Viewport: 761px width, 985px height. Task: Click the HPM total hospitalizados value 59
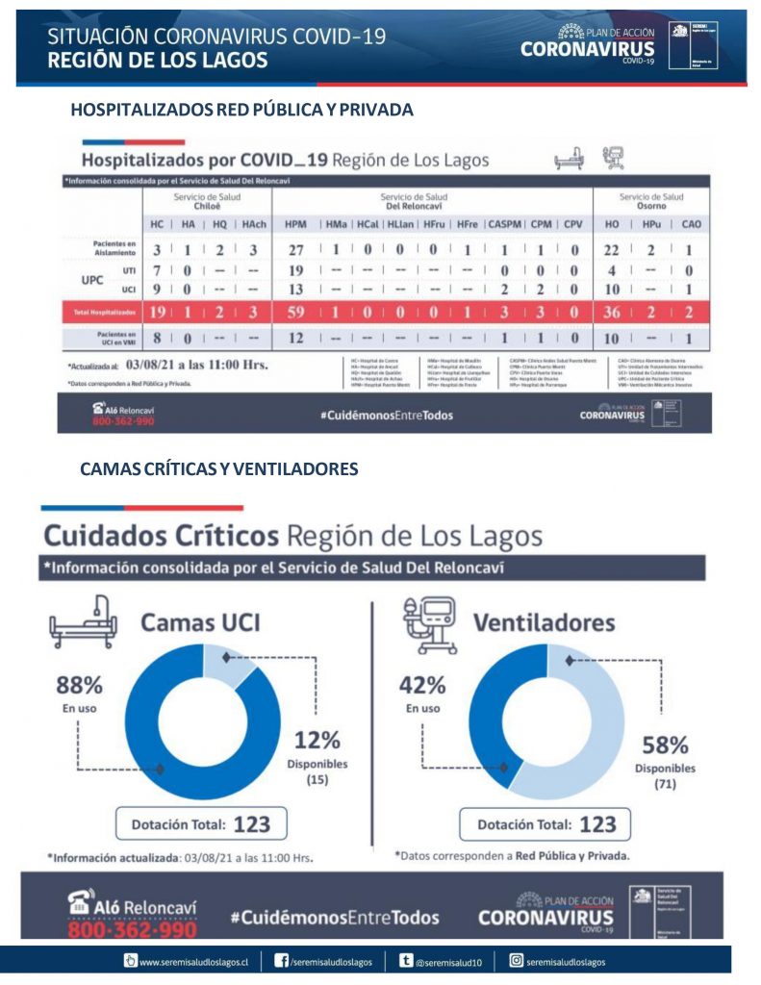click(x=295, y=312)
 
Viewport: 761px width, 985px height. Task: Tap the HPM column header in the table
click(x=295, y=223)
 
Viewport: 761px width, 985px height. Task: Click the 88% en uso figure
click(x=79, y=686)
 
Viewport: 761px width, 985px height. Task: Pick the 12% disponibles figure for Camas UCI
click(x=317, y=740)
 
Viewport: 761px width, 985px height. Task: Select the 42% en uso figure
click(x=422, y=686)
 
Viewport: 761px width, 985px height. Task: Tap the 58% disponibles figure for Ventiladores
click(x=665, y=745)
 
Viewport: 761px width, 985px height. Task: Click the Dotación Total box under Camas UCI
click(x=201, y=824)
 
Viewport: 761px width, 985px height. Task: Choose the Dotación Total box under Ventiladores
click(x=545, y=824)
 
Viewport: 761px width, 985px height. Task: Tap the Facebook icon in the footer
click(x=282, y=961)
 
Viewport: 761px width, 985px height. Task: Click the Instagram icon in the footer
click(x=516, y=961)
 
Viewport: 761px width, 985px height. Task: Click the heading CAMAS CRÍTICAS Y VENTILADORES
click(x=219, y=468)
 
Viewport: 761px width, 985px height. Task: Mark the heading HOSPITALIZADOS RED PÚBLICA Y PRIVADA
click(x=241, y=110)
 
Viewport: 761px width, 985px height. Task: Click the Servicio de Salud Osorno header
click(x=651, y=201)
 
